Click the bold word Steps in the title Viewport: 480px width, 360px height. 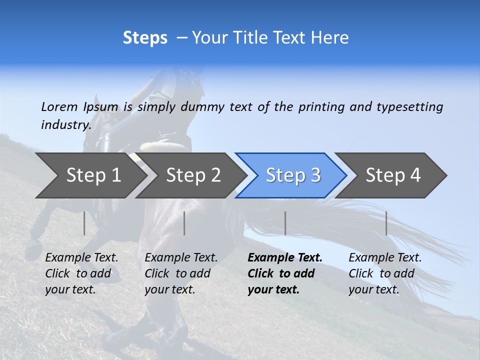coord(145,38)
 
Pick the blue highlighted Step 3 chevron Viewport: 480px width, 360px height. coord(292,175)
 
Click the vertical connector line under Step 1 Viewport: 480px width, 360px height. coord(84,223)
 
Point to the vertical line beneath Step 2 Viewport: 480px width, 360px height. coord(184,223)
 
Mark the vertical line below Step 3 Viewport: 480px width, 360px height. coord(285,223)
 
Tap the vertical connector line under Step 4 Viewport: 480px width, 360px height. coord(386,223)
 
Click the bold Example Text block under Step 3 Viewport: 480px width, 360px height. coord(284,273)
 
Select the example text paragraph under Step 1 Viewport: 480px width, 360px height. coord(81,273)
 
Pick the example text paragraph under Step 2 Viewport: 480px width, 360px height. coord(181,273)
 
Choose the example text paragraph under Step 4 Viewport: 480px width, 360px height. coord(385,273)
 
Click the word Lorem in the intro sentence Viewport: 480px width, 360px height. coord(59,107)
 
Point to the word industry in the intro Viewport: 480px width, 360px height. coord(65,124)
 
